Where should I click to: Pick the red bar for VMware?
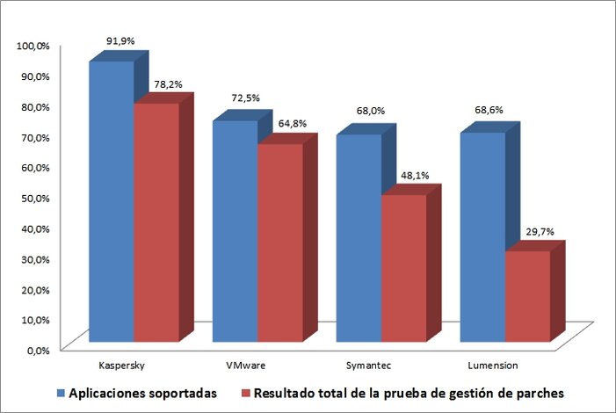click(279, 242)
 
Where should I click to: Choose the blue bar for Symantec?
click(359, 237)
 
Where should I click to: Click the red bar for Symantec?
click(403, 267)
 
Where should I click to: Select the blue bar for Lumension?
click(482, 236)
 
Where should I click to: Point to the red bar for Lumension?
click(527, 295)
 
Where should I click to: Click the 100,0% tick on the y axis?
click(33, 46)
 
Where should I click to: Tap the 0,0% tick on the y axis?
click(38, 350)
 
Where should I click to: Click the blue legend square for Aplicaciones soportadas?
click(60, 392)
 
